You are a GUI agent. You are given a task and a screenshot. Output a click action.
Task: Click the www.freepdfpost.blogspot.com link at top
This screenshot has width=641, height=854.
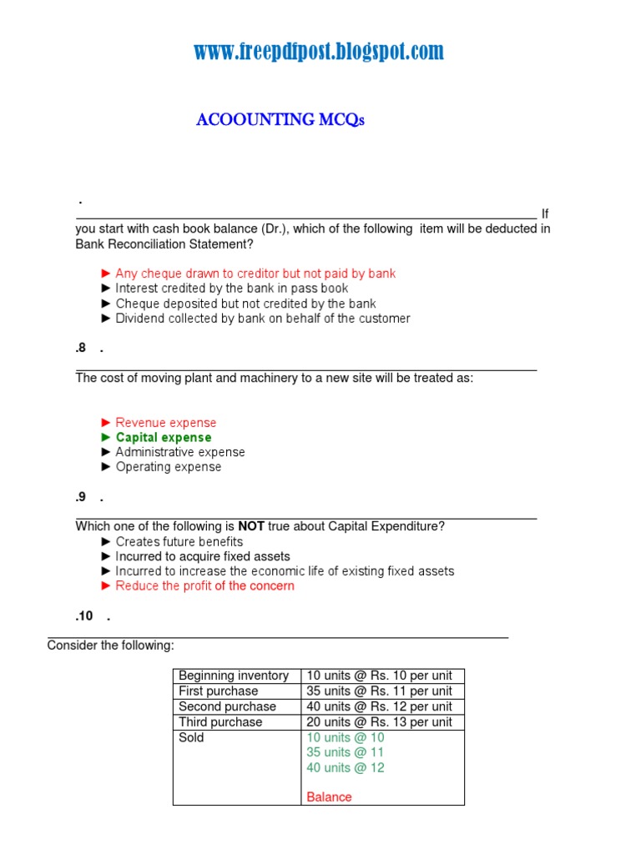tap(319, 53)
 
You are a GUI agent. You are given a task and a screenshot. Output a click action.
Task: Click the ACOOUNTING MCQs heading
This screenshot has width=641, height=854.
tap(280, 120)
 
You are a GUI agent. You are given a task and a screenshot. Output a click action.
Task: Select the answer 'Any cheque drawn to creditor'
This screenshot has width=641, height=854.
tap(255, 274)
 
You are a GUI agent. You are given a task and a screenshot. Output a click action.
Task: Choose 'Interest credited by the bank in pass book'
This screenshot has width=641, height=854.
tap(231, 289)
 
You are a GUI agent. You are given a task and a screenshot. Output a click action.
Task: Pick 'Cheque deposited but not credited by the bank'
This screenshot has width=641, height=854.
tap(245, 304)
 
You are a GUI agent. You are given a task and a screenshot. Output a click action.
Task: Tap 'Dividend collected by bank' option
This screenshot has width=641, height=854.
tap(262, 319)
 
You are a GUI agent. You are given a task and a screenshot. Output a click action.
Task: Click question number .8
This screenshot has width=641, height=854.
tap(81, 349)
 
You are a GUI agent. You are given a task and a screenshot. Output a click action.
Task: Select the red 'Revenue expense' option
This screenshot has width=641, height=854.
tap(165, 423)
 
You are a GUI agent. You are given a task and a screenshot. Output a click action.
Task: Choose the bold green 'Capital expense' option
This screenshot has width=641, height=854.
tap(163, 438)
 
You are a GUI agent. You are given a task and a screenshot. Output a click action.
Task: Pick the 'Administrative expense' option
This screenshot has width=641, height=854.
tap(179, 452)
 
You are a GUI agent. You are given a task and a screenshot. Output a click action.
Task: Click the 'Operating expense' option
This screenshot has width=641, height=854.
tap(168, 467)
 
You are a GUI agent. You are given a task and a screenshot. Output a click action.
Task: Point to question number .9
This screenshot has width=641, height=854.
tap(81, 497)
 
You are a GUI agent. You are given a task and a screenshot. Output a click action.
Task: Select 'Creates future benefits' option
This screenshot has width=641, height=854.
tap(179, 541)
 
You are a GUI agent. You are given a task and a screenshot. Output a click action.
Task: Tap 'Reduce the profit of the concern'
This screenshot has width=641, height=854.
tap(204, 586)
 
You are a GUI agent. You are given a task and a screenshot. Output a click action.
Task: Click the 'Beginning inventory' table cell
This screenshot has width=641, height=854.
tap(234, 676)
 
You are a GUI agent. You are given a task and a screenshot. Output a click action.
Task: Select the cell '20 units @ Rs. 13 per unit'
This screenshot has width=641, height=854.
tap(379, 722)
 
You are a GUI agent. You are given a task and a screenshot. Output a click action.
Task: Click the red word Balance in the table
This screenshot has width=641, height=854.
tap(329, 797)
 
